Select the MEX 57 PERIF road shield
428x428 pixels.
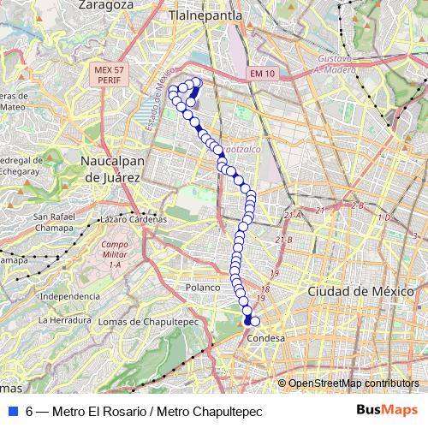[x=107, y=74]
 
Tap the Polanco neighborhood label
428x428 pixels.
[x=205, y=288]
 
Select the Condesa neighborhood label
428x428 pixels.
[x=265, y=338]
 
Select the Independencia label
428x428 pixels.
[x=69, y=296]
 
